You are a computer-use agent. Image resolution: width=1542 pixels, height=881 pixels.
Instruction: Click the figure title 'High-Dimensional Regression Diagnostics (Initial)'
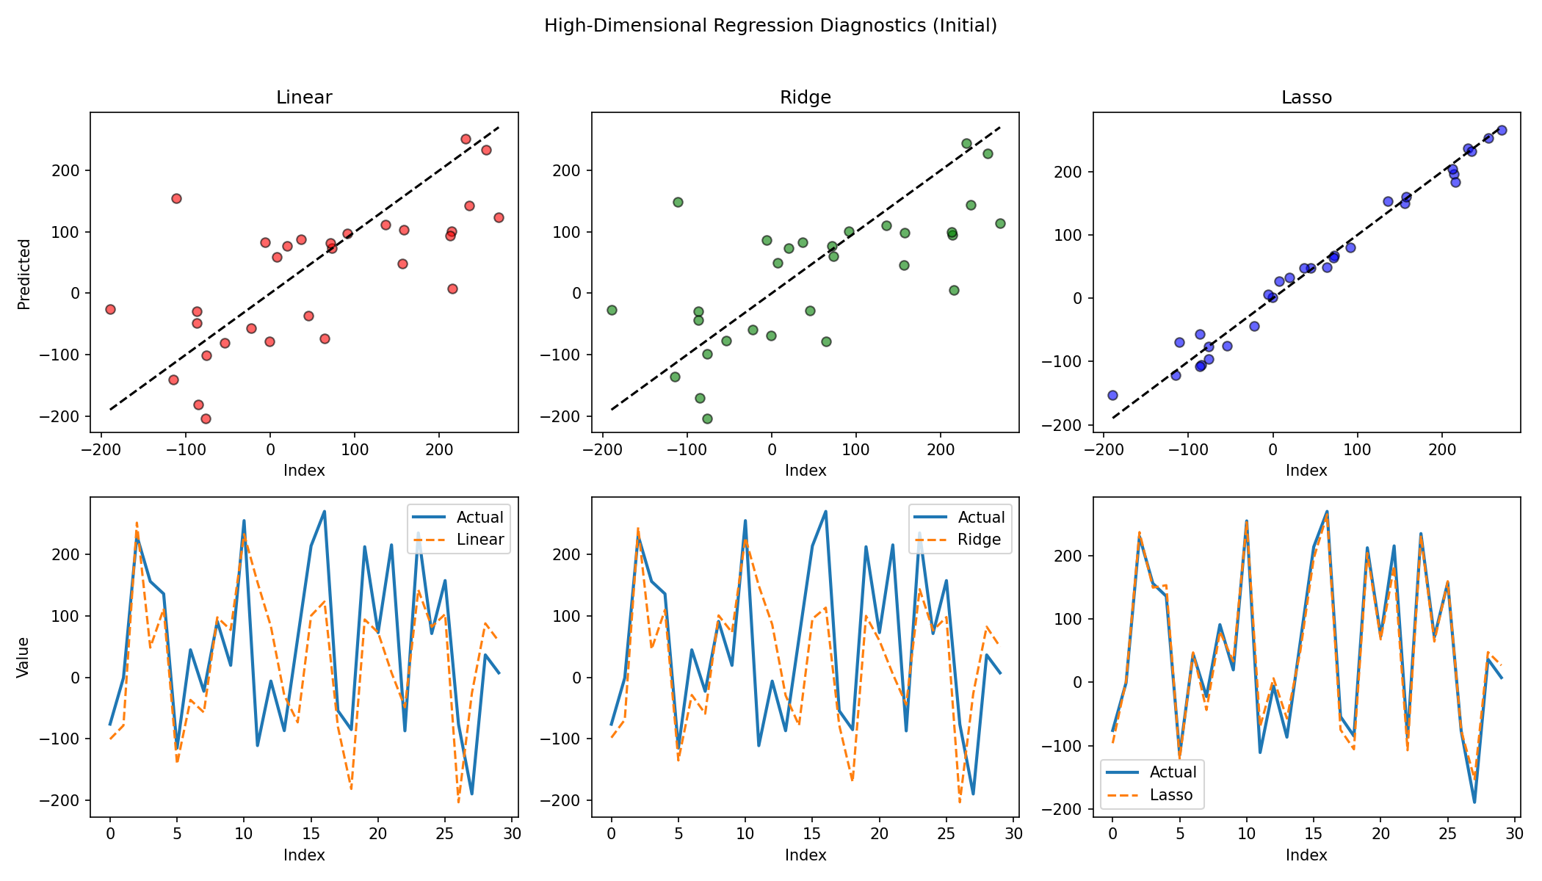[770, 26]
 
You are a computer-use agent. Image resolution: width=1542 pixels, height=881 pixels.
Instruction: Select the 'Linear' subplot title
[304, 98]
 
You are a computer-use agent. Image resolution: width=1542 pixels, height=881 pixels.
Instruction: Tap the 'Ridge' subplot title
[806, 98]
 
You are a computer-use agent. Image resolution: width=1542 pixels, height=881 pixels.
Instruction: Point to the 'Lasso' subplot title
[1306, 98]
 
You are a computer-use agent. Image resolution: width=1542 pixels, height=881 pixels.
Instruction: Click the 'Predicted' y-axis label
[24, 275]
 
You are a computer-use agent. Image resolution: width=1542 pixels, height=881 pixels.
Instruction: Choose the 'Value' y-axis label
[24, 657]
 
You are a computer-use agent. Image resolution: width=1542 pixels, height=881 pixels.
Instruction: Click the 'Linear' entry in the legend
[480, 540]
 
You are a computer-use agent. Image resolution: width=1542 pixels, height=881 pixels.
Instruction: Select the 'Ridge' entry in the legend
[979, 540]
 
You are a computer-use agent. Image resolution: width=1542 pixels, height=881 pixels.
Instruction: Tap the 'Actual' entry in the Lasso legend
[1173, 772]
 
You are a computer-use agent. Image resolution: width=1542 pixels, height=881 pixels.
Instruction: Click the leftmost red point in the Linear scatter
[110, 309]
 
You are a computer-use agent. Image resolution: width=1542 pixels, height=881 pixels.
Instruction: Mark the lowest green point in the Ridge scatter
[707, 418]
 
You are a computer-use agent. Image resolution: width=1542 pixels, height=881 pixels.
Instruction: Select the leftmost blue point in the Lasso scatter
[1112, 395]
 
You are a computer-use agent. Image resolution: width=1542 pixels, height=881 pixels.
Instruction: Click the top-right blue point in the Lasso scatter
[1502, 130]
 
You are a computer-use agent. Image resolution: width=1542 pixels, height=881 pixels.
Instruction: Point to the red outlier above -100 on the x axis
[176, 198]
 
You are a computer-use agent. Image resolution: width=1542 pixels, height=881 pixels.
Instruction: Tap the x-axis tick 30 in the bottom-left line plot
[513, 834]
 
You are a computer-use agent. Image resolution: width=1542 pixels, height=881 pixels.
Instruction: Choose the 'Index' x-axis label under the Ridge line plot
[806, 855]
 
